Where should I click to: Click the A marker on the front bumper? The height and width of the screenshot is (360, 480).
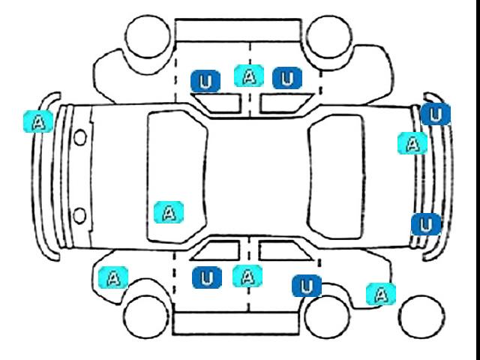[x=38, y=121]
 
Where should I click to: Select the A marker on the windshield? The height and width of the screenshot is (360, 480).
[x=169, y=212]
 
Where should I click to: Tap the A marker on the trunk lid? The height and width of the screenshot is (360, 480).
[x=412, y=143]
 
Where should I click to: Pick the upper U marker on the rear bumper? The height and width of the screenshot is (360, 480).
[x=436, y=114]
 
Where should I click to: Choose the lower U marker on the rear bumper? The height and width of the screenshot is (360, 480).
[x=426, y=225]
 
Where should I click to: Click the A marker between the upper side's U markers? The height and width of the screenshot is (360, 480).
[x=249, y=76]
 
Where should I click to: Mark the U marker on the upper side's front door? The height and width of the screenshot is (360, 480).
[x=205, y=81]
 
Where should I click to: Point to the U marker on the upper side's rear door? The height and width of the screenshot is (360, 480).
[x=287, y=78]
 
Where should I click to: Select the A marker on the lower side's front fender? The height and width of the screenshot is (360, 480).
[x=113, y=277]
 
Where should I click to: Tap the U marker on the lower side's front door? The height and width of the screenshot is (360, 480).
[x=207, y=277]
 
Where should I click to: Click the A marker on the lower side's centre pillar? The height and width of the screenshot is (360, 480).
[x=247, y=276]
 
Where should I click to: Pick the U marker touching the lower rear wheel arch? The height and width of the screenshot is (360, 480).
[x=307, y=286]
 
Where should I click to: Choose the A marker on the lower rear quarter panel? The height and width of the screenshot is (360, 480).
[x=381, y=294]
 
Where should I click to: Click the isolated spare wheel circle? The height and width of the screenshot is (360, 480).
[x=421, y=317]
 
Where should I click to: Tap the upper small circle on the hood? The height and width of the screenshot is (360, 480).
[x=80, y=137]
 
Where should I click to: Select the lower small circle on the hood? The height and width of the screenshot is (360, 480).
[x=79, y=215]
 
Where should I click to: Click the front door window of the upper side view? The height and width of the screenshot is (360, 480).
[x=218, y=103]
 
